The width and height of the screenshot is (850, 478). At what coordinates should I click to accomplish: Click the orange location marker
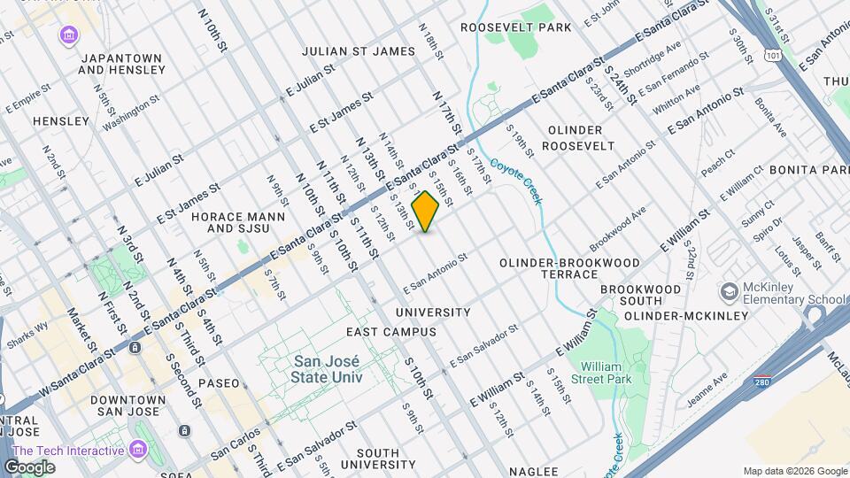(x=425, y=212)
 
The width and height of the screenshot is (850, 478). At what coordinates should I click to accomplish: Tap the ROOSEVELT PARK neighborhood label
(x=516, y=27)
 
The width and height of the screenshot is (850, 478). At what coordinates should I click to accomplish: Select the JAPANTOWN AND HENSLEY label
(x=120, y=65)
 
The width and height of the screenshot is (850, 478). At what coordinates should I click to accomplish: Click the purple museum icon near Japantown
(x=68, y=35)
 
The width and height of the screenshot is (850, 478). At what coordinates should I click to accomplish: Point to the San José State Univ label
(x=327, y=369)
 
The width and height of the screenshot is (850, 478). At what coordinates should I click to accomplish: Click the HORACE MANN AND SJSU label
(x=240, y=222)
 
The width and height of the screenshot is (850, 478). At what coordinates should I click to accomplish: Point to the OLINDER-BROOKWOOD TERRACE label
(x=568, y=268)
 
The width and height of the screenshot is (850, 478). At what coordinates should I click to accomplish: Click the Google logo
(x=30, y=466)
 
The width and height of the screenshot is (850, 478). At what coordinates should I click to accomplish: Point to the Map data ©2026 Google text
(x=794, y=471)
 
